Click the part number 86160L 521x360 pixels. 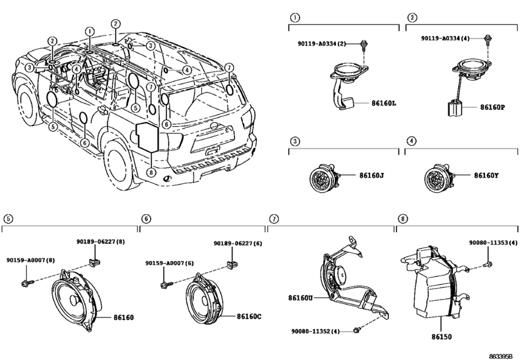tap(384, 104)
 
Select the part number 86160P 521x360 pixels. tap(493, 107)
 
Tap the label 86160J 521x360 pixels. tap(371, 175)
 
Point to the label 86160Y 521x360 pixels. tap(486, 175)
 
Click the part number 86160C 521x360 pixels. tap(249, 316)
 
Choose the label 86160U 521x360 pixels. tap(301, 298)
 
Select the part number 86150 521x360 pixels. tap(441, 337)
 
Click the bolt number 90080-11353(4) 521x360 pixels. tap(493, 243)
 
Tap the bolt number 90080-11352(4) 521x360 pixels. tap(315, 331)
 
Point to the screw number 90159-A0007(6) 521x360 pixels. tap(170, 263)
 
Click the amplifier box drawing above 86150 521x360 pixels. tap(436, 282)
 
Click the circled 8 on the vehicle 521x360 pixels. tap(151, 172)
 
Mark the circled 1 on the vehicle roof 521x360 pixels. tap(89, 32)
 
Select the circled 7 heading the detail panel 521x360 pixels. tap(274, 219)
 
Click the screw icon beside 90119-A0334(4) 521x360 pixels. tap(488, 39)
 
